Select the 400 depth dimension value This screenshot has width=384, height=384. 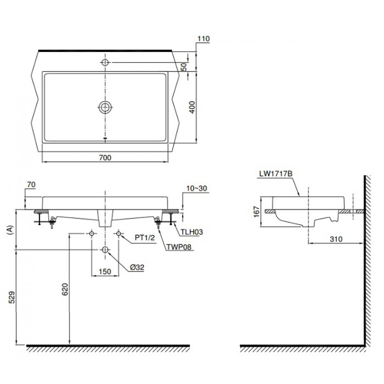[192, 107]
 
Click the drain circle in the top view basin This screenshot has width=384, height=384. [105, 108]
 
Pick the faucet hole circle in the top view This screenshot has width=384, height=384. [105, 62]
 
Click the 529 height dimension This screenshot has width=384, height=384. [11, 297]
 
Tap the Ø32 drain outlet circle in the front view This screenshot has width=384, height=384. [105, 250]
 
